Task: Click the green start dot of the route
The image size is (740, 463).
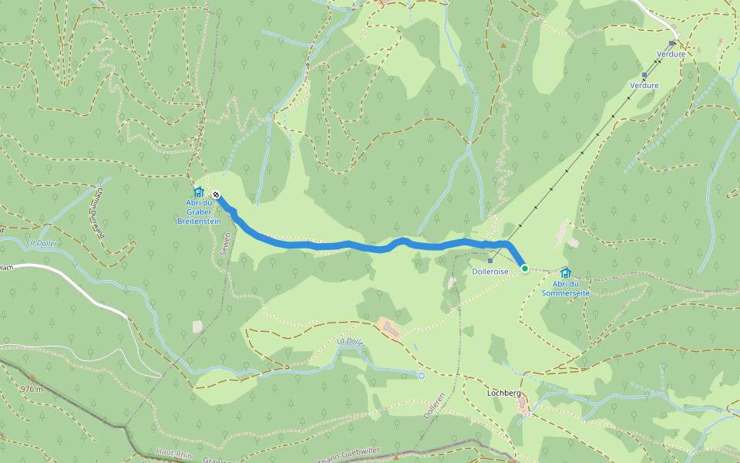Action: (x=525, y=269)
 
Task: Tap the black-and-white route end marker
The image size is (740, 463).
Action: (x=217, y=195)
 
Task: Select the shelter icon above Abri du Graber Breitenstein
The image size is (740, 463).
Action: (x=198, y=191)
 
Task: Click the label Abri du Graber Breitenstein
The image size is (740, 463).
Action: (x=199, y=211)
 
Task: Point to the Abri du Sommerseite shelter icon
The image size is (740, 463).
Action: (x=566, y=272)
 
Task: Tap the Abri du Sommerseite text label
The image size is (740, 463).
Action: (x=566, y=289)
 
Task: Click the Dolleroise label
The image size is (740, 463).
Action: (x=490, y=272)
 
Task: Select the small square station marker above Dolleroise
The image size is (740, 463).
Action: (x=490, y=261)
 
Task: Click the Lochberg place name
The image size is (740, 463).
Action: (x=504, y=393)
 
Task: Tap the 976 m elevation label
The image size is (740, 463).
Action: (x=32, y=388)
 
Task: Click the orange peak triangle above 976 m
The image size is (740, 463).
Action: (x=32, y=377)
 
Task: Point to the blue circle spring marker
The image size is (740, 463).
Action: (x=422, y=376)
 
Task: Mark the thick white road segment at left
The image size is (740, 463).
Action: (x=77, y=286)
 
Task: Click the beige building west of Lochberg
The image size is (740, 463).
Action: (x=389, y=327)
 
